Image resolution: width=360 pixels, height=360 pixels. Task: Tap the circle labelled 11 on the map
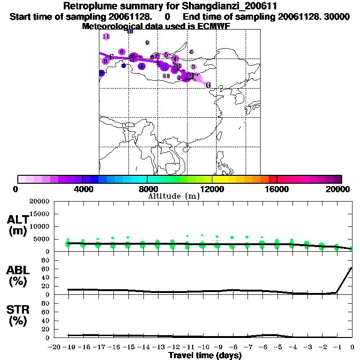(x=106, y=37)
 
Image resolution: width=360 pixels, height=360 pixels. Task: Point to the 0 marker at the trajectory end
(x=208, y=85)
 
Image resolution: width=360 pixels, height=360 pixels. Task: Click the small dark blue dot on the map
(x=124, y=66)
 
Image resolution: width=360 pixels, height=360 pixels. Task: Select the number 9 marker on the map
(x=147, y=43)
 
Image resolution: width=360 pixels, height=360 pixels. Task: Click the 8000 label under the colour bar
(x=147, y=189)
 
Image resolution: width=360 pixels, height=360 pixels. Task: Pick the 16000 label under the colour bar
(x=277, y=189)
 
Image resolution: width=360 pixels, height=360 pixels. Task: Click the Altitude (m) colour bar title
(x=173, y=196)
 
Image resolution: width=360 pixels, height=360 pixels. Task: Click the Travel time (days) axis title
(x=205, y=356)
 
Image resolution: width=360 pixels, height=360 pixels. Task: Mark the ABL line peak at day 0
(x=352, y=268)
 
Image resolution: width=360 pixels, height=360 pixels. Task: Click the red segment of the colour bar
(x=272, y=179)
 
